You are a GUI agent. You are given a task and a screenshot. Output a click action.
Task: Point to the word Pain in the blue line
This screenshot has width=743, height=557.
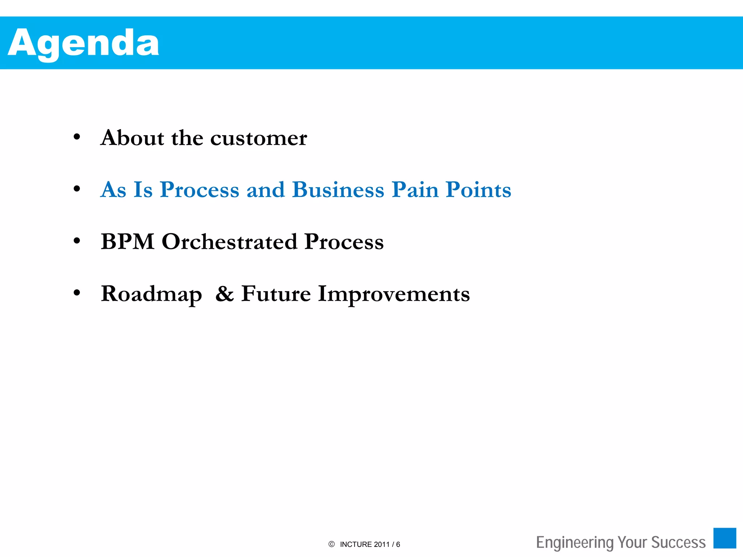tap(415, 190)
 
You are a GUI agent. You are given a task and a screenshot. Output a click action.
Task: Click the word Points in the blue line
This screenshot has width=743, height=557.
tap(478, 190)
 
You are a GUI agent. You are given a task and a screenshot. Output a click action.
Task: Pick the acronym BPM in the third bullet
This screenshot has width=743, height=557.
tap(128, 242)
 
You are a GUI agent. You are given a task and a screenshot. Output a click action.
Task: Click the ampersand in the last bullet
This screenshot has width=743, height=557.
tap(225, 294)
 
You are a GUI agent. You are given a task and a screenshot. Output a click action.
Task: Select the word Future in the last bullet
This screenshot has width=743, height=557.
tap(276, 294)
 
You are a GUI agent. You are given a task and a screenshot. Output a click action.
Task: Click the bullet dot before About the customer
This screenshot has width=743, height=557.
tap(77, 137)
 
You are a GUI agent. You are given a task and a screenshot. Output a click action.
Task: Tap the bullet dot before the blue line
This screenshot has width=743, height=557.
tap(77, 189)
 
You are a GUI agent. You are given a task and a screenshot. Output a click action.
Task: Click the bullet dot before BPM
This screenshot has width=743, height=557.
tap(77, 241)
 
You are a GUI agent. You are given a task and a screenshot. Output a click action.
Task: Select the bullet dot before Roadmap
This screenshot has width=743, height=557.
tap(77, 293)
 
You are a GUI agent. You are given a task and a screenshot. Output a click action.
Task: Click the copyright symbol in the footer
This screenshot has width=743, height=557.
tap(331, 544)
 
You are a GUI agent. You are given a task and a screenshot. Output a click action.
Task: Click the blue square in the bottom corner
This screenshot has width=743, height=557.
tap(724, 538)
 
